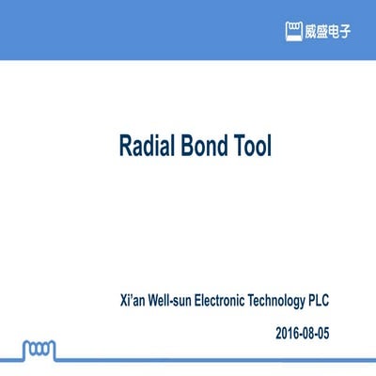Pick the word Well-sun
click(171, 301)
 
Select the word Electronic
click(227, 301)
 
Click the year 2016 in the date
click(289, 333)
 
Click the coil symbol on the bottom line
click(37, 350)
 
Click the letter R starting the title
click(125, 147)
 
